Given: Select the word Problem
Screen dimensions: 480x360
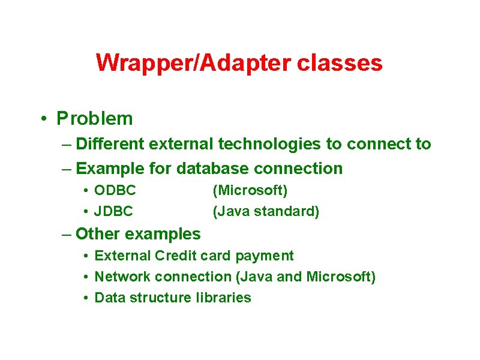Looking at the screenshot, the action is (95, 119).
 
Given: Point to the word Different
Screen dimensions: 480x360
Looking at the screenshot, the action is (110, 144).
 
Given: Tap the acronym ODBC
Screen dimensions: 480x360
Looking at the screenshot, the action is (115, 191).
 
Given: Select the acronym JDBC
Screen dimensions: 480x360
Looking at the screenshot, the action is (114, 211).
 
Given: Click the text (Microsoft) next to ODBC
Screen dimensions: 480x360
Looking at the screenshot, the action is (250, 191).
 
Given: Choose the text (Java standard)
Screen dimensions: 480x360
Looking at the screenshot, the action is (266, 211).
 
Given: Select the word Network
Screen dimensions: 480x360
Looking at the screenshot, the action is (122, 277).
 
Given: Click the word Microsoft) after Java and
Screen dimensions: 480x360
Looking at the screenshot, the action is (341, 277).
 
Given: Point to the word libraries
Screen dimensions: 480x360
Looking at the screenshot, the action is (223, 298).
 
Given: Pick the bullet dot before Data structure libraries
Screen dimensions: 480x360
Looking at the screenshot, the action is (86, 298).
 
